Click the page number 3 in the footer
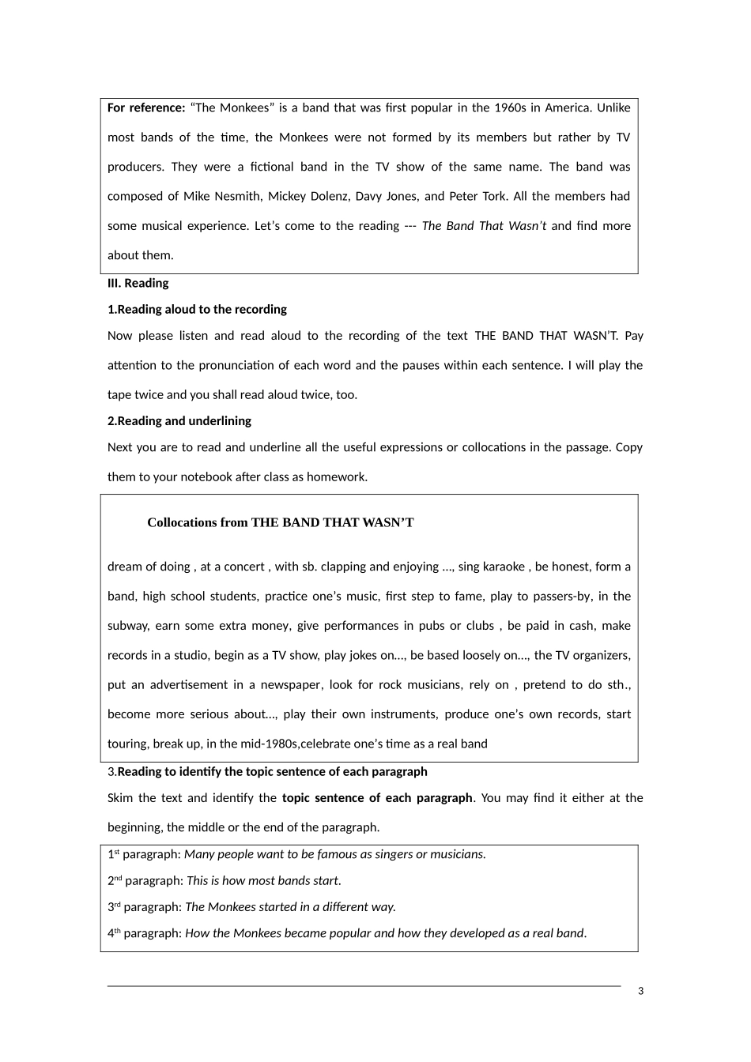[640, 991]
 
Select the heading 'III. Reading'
[138, 283]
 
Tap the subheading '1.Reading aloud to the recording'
[197, 310]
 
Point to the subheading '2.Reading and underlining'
[179, 421]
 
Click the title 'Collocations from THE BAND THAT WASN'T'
[281, 522]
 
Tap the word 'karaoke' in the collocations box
[504, 567]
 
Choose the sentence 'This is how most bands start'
[262, 881]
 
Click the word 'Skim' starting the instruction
[120, 798]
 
